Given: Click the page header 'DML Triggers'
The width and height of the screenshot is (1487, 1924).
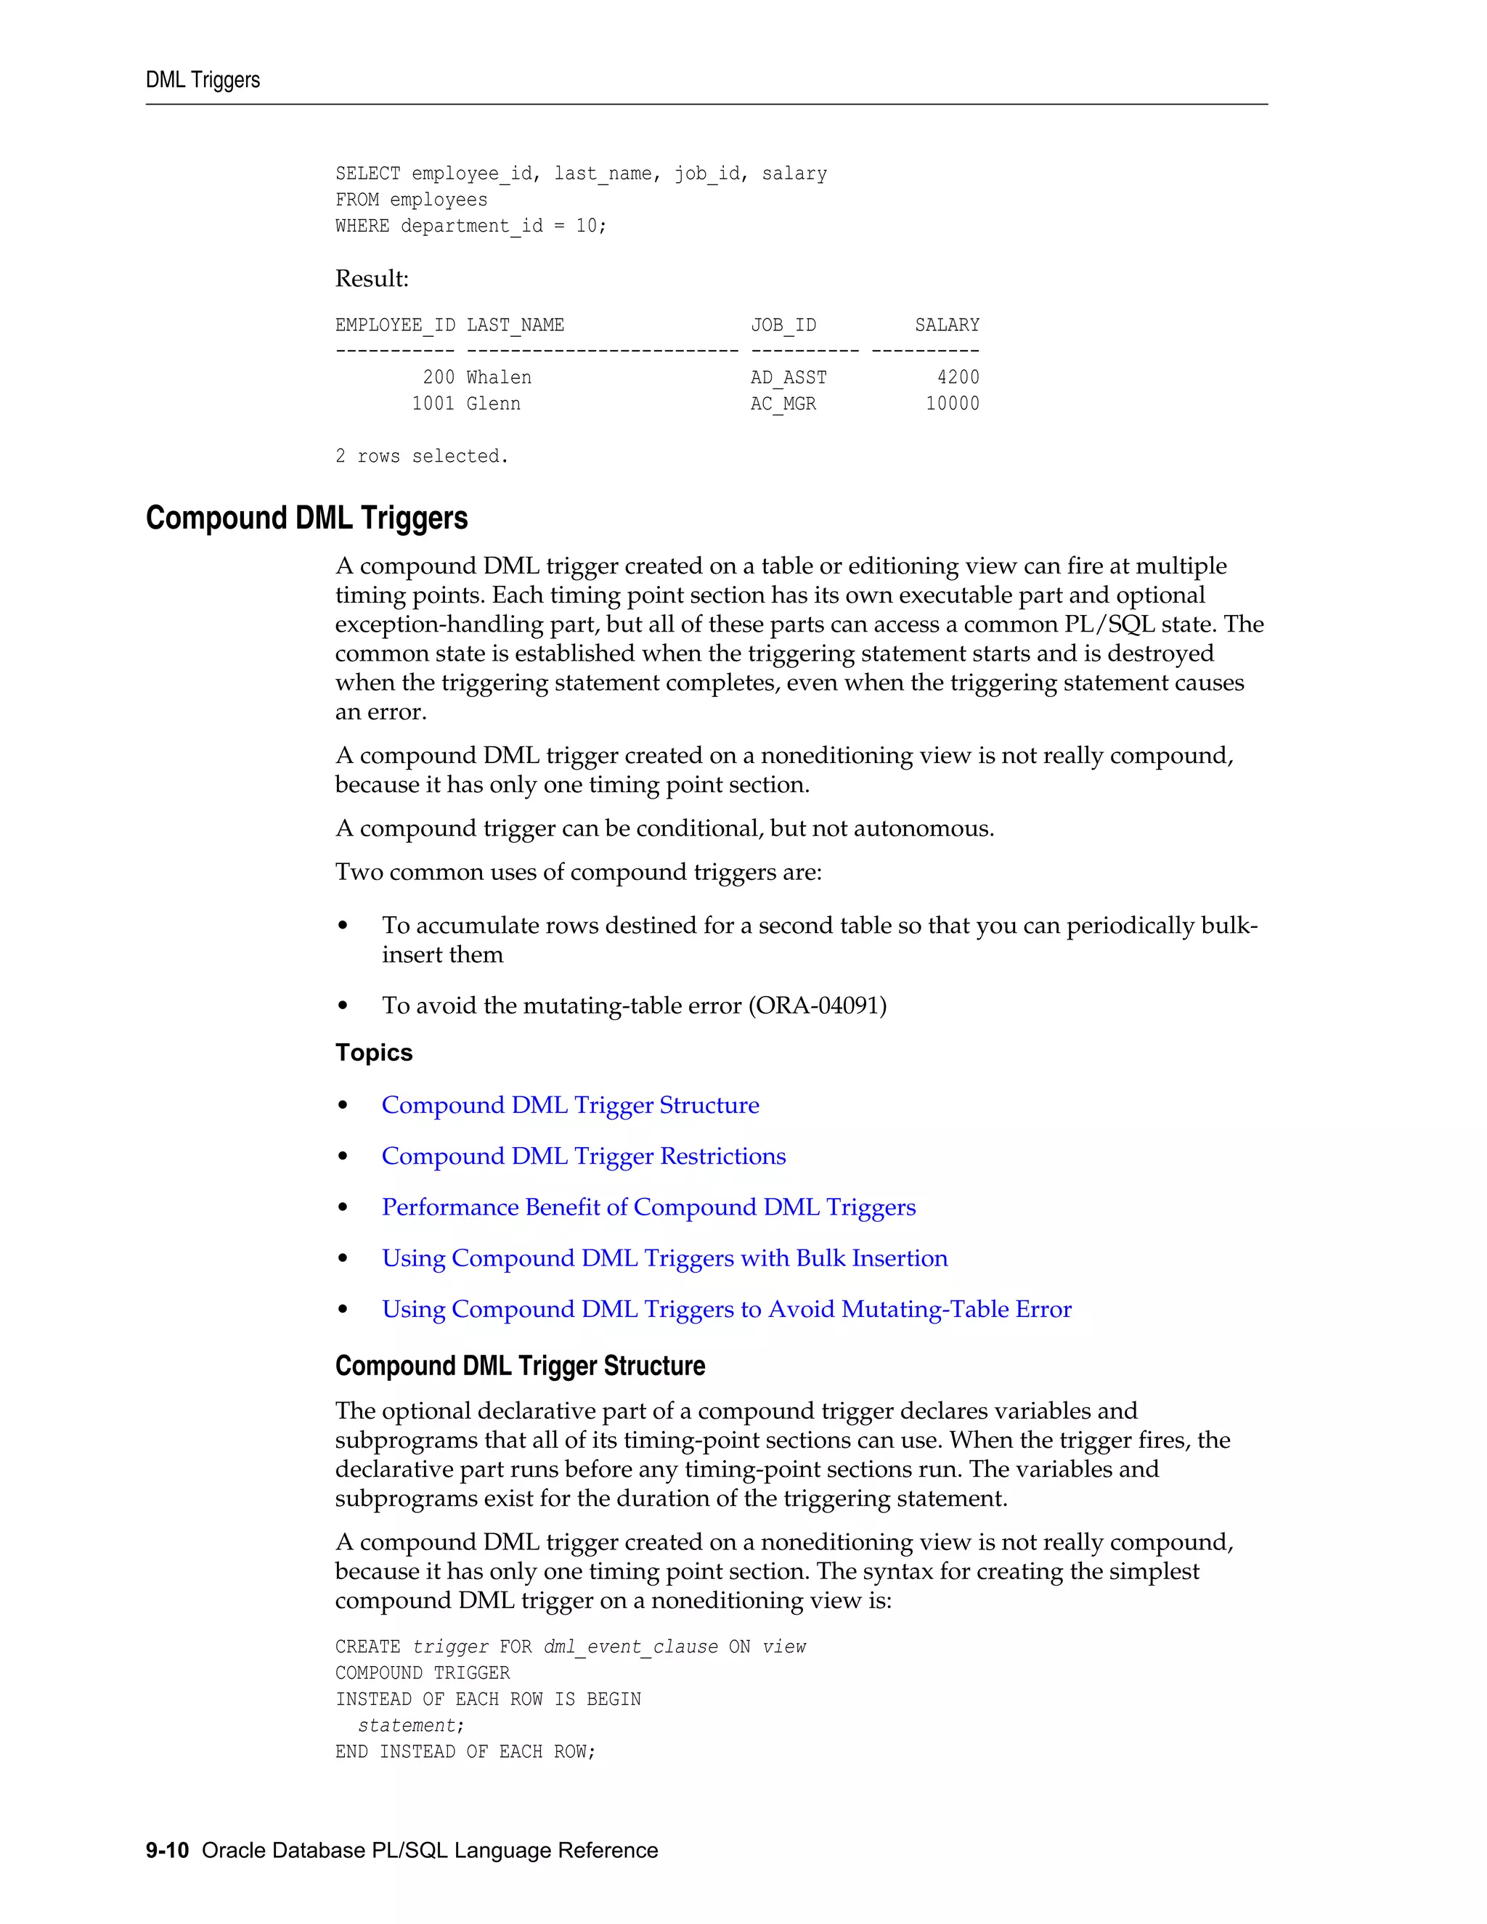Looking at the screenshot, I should [x=203, y=80].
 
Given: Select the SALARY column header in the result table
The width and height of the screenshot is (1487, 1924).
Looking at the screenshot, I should [x=946, y=325].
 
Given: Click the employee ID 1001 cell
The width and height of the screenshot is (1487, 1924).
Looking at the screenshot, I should [x=433, y=404].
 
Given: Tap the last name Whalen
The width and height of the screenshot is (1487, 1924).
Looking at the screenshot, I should [x=499, y=377].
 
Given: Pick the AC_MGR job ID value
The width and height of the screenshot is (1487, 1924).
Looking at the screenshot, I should [x=783, y=404].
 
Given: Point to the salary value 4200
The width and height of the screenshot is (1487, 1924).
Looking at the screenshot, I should [x=958, y=377].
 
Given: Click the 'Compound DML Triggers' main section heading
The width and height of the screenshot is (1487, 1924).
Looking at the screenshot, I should [x=306, y=518].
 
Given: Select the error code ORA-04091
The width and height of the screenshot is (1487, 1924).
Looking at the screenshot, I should [x=817, y=1005].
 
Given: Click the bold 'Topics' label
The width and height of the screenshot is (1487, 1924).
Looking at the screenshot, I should [x=373, y=1053].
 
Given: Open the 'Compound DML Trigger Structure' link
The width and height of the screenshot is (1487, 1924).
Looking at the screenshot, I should [x=570, y=1105].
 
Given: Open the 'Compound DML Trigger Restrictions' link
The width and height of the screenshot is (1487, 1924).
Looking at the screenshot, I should [x=583, y=1156].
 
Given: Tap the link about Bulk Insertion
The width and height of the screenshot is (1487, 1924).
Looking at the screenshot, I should [x=664, y=1258].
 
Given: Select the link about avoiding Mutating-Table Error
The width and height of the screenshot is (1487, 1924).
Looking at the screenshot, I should [x=726, y=1309].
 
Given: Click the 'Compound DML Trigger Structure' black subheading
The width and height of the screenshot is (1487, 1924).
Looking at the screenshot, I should [x=520, y=1366].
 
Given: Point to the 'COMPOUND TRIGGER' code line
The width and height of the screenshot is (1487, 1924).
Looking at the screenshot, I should [x=422, y=1673].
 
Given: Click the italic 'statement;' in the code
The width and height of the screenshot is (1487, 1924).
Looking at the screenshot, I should [x=410, y=1725].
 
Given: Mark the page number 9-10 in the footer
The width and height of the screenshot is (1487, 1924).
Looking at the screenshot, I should [x=168, y=1850].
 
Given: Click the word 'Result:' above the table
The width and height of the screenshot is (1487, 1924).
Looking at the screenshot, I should [x=372, y=280].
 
